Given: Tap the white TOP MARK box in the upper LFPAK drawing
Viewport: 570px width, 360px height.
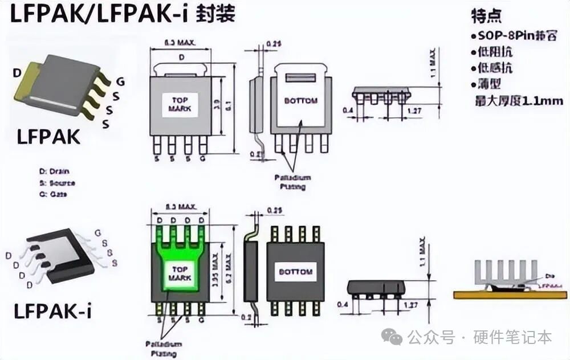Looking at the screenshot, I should (x=180, y=105).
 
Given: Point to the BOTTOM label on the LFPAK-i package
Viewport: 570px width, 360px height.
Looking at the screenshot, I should (x=295, y=272).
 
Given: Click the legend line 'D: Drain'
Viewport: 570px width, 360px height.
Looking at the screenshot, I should (x=54, y=171).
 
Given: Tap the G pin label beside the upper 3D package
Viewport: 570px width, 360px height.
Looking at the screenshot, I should (x=120, y=81).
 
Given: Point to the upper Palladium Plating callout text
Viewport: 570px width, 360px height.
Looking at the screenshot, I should (x=292, y=182).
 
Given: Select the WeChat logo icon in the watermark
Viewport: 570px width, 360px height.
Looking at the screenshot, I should (x=392, y=337).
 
